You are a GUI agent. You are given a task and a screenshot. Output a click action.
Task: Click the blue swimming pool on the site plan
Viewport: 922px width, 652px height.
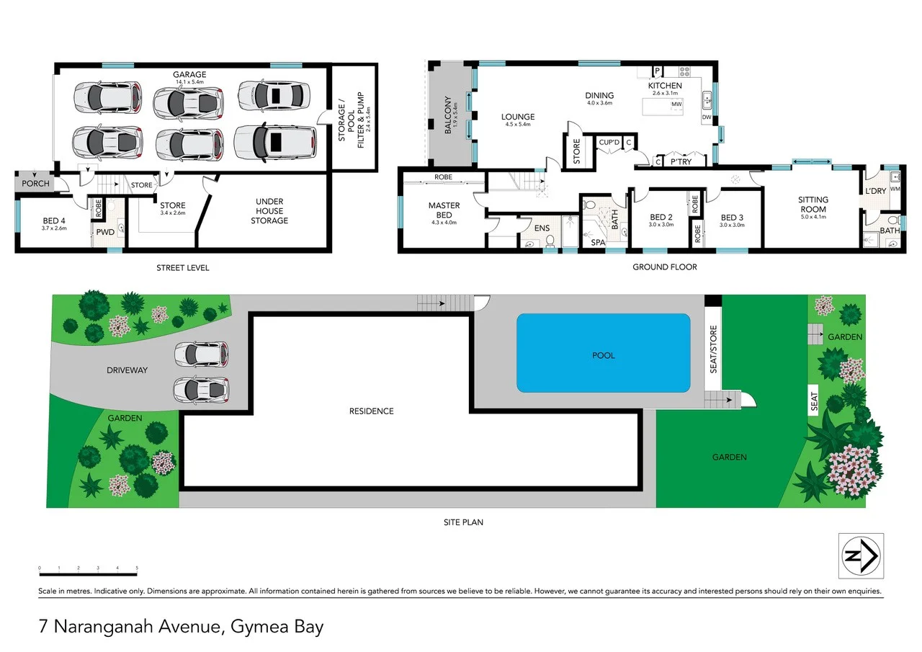[603, 353]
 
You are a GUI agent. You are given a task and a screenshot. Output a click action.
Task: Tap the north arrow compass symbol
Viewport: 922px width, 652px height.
[861, 555]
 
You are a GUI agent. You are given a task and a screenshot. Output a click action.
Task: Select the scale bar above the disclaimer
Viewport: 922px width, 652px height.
[88, 574]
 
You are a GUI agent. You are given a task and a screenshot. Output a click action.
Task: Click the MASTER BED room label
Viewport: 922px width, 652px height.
[444, 210]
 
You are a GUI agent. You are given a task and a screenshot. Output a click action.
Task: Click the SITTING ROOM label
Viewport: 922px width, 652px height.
[813, 205]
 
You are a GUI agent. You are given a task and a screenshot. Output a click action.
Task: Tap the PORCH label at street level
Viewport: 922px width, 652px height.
[35, 184]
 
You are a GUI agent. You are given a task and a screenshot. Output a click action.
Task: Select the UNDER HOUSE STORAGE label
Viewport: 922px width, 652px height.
[269, 211]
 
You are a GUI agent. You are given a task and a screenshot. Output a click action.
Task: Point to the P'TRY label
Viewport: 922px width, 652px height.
[681, 163]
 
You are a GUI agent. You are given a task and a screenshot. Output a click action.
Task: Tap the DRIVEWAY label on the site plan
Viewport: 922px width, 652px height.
[127, 370]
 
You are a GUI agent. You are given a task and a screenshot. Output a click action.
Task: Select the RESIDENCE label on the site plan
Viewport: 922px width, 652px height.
[372, 411]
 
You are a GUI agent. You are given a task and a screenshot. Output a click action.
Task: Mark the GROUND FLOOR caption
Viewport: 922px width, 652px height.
[664, 267]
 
